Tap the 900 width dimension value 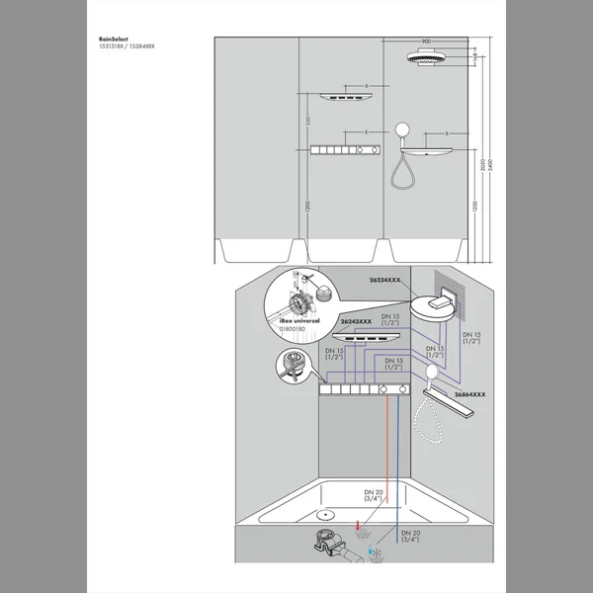point(426,42)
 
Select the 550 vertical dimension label point(308,121)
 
